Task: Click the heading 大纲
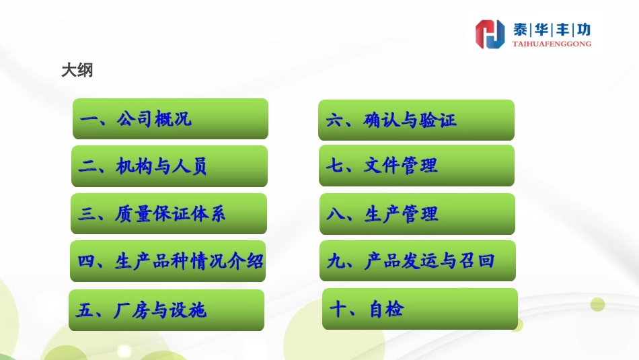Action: point(77,71)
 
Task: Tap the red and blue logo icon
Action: point(490,34)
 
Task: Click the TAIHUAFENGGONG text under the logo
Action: point(552,44)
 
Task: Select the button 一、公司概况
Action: point(170,119)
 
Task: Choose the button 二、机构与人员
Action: point(170,166)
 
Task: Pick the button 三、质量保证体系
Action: point(169,214)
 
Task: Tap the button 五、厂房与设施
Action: point(167,310)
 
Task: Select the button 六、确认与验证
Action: point(416,120)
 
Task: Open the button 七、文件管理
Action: point(416,166)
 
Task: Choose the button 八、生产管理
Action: point(417,214)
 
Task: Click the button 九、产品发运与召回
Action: point(418,260)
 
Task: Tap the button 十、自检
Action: point(420,309)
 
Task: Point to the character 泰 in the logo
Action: point(521,30)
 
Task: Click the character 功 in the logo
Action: point(583,30)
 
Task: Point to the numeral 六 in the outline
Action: point(334,121)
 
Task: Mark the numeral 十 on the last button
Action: point(338,310)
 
